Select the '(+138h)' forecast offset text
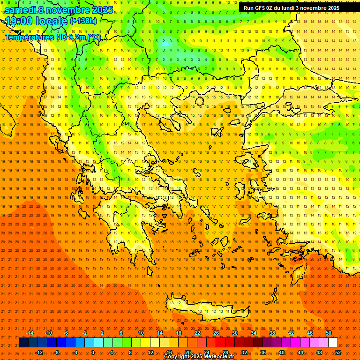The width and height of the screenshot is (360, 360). pyautogui.click(x=83, y=21)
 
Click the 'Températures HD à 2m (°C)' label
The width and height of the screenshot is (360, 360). pyautogui.click(x=52, y=37)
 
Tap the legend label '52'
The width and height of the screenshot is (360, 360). pyautogui.click(x=338, y=352)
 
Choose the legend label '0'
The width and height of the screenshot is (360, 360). pyautogui.click(x=93, y=352)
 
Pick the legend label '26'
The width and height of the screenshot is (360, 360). pyautogui.click(x=216, y=333)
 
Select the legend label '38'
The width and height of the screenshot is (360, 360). pyautogui.click(x=272, y=333)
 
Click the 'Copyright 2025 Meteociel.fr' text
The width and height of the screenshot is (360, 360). pyautogui.click(x=199, y=357)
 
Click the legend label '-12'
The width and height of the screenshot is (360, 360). pyautogui.click(x=39, y=352)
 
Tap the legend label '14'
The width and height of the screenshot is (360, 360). pyautogui.click(x=160, y=333)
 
